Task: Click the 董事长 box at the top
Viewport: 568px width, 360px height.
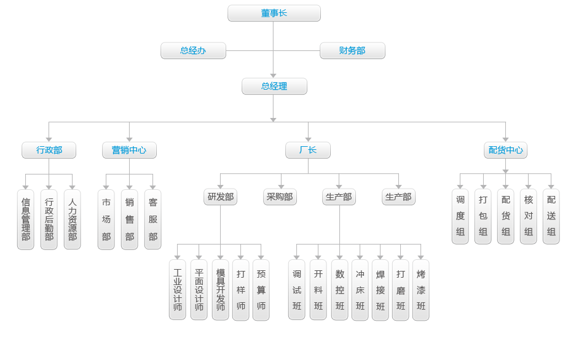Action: coord(274,13)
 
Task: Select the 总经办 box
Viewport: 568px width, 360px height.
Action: coord(193,50)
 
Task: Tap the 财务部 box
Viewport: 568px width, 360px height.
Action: coord(352,50)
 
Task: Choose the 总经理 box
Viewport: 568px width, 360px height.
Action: coord(274,86)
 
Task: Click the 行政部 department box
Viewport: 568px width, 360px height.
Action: coord(49,150)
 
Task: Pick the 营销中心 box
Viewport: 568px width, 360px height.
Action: coord(129,150)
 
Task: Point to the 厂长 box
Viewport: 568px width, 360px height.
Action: coord(308,150)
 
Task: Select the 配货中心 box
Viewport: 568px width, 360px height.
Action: coord(506,150)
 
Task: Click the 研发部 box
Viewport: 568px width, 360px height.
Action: coord(220,197)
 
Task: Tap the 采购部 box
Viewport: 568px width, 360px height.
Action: coord(280,197)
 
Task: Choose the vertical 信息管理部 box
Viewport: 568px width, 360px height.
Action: coord(25,219)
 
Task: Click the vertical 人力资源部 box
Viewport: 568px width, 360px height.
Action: coord(73,219)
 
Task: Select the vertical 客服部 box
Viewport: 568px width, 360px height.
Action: coord(153,219)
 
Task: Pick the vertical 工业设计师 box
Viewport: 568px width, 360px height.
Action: coord(178,289)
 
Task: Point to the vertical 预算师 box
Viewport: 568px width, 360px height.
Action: coord(261,289)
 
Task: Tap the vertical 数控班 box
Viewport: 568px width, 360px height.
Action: coord(339,289)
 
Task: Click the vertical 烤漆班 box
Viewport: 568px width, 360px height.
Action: coord(421,289)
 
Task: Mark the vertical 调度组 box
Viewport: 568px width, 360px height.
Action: coord(460,216)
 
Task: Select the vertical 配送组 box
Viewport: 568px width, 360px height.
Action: coord(551,216)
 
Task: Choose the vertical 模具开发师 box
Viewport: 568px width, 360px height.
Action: coord(220,289)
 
